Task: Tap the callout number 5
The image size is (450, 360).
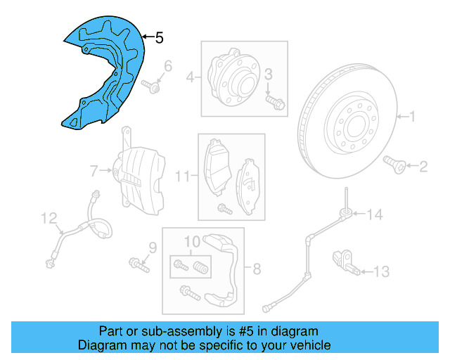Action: tap(159, 37)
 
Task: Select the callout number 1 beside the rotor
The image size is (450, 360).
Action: tap(413, 117)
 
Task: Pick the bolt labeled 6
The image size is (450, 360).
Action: tap(153, 88)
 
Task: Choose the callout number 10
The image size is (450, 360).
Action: tap(192, 241)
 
